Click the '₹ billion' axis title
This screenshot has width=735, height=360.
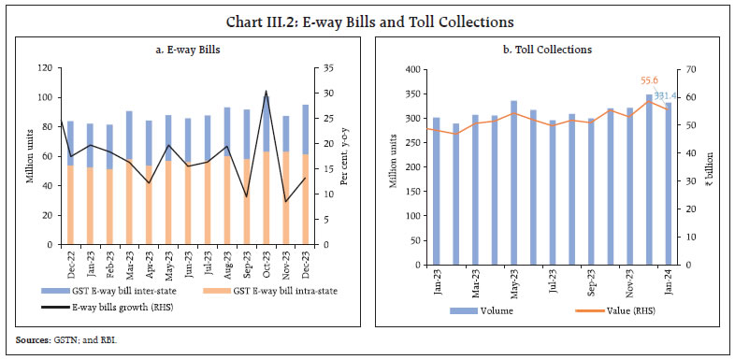click(x=709, y=167)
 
